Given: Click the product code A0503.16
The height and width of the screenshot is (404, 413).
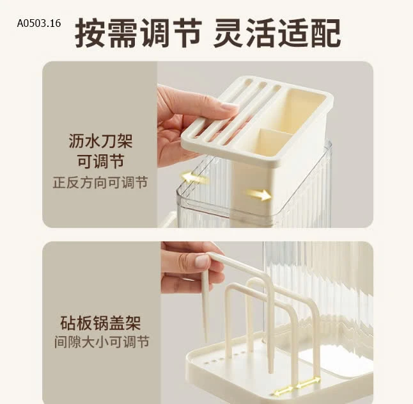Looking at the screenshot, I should coord(39,23).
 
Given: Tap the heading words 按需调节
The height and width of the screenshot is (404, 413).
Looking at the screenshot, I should coord(138,33).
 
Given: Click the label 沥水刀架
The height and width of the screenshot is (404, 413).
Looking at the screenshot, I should coord(100,141).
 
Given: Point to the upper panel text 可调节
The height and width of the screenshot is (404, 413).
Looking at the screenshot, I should coord(100,161).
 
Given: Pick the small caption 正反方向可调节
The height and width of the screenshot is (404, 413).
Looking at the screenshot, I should coord(100,182).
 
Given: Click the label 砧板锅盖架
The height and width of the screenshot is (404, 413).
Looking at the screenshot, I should coord(100,322).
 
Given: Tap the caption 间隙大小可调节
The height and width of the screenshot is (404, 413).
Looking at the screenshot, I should coord(100,342).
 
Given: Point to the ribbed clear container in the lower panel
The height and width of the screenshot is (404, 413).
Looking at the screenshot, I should coord(320,288).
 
